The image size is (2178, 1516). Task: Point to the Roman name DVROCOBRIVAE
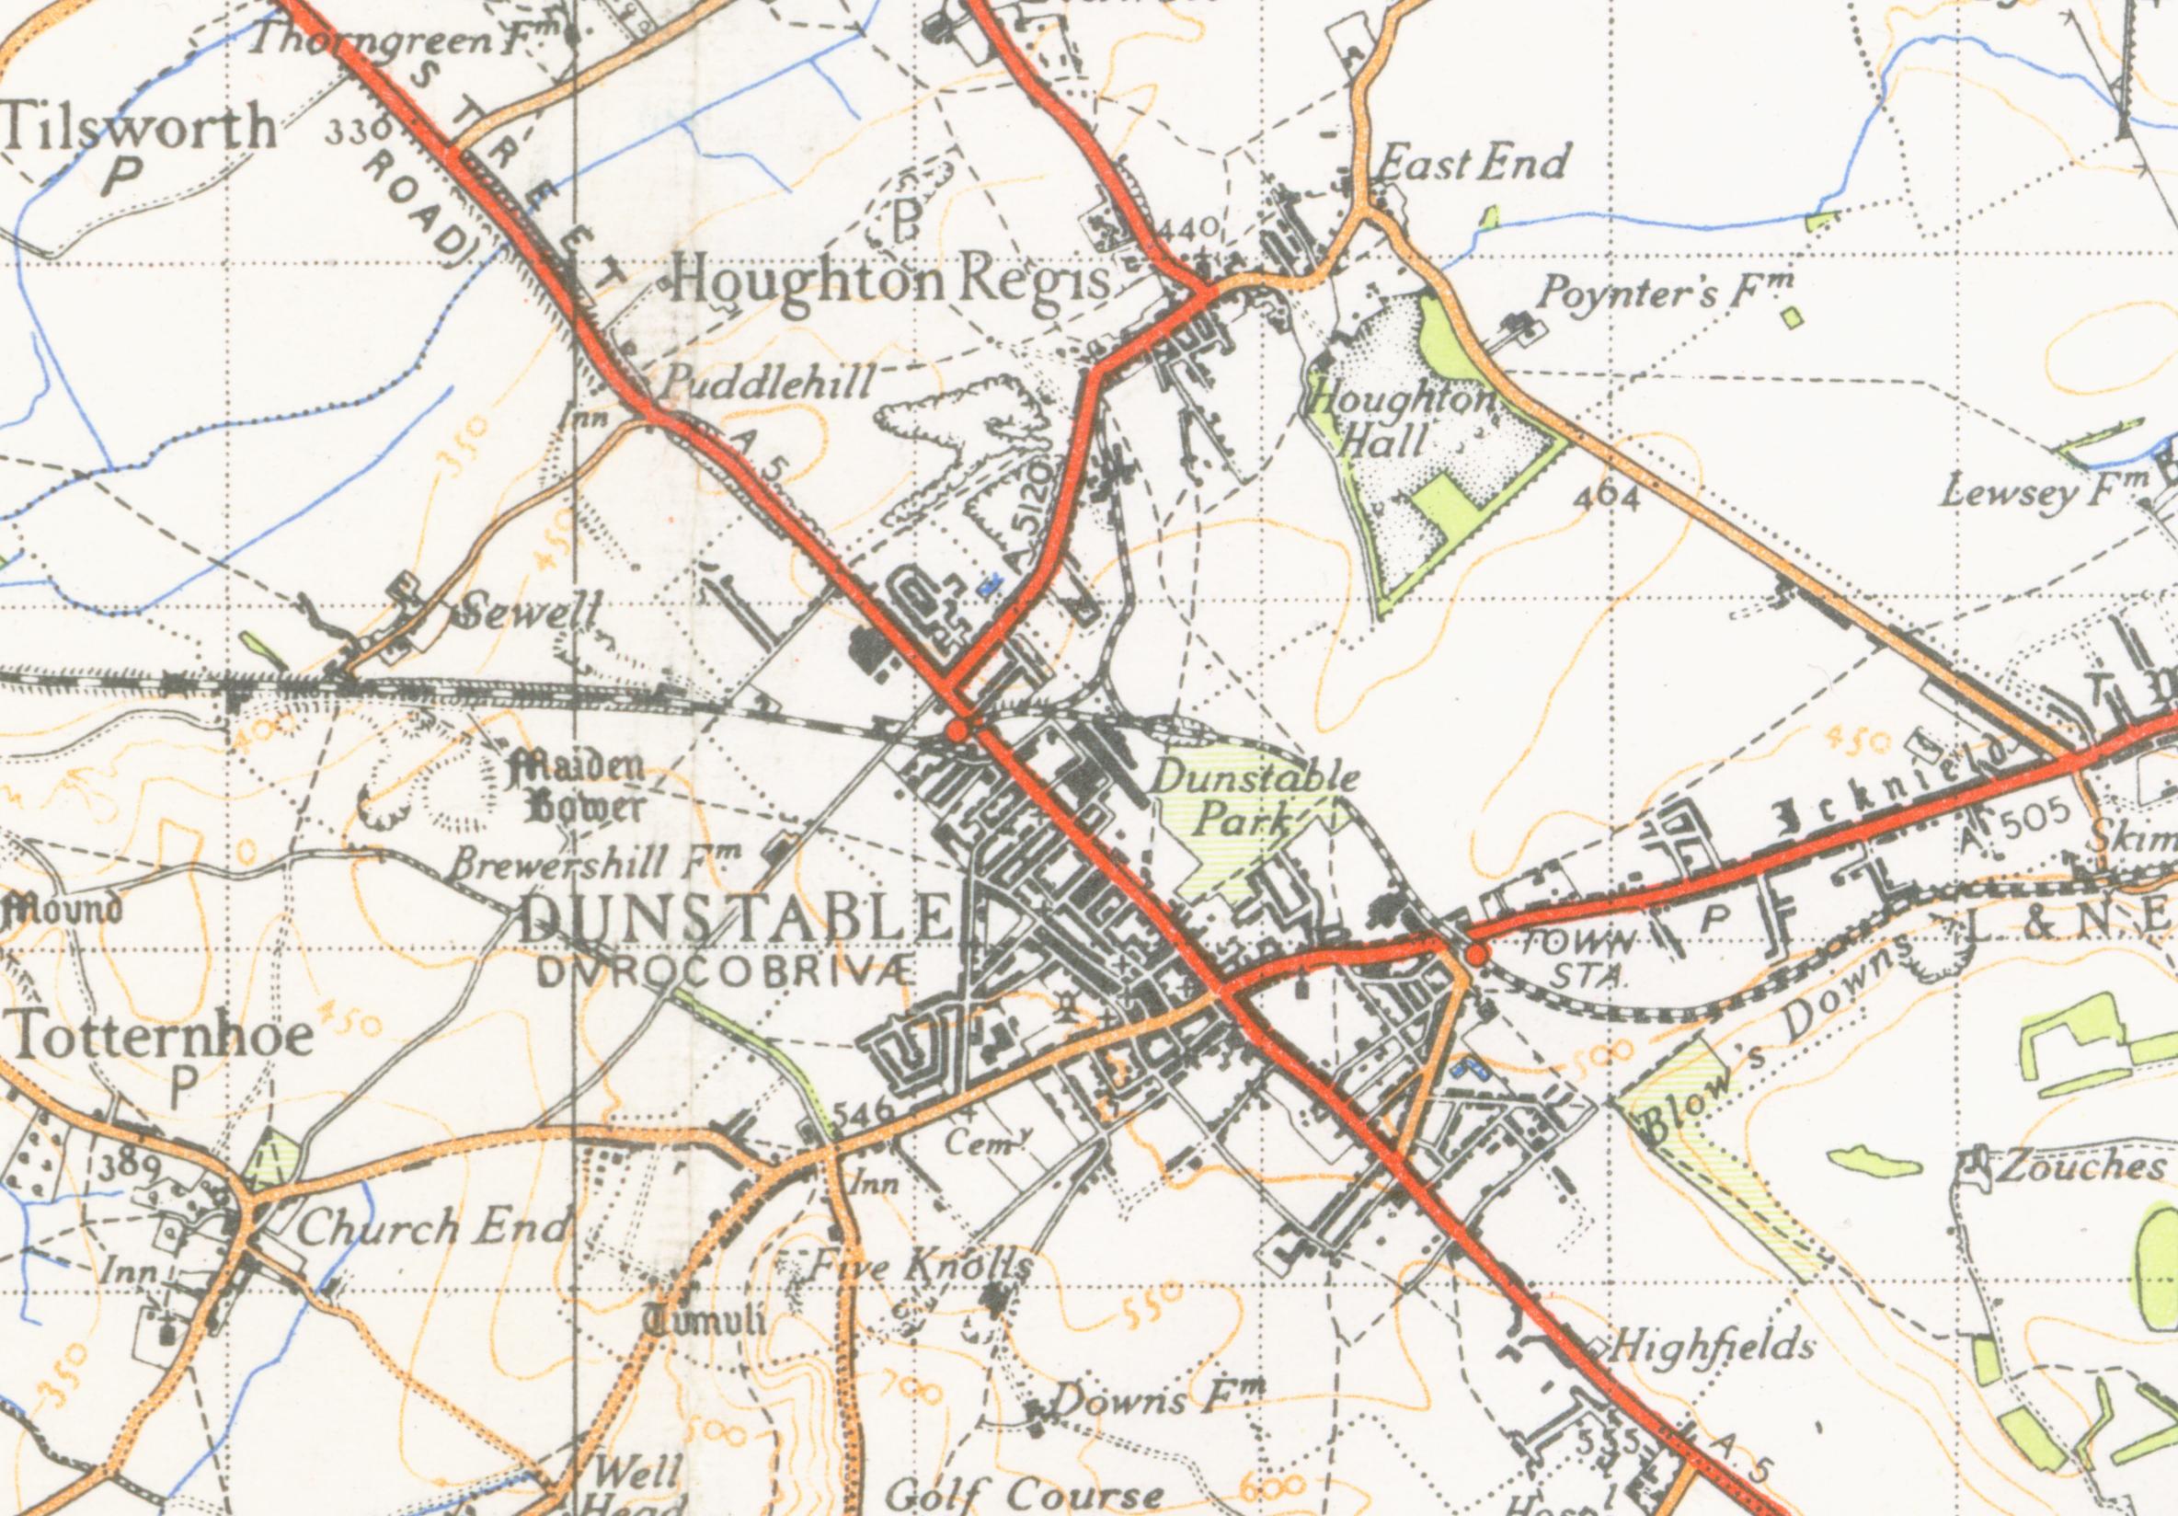pyautogui.click(x=727, y=971)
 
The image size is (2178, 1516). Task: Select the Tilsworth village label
pyautogui.click(x=140, y=128)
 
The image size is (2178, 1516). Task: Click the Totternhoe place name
pyautogui.click(x=163, y=1036)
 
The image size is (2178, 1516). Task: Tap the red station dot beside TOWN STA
pyautogui.click(x=1476, y=953)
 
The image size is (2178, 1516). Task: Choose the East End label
pyautogui.click(x=1472, y=162)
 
